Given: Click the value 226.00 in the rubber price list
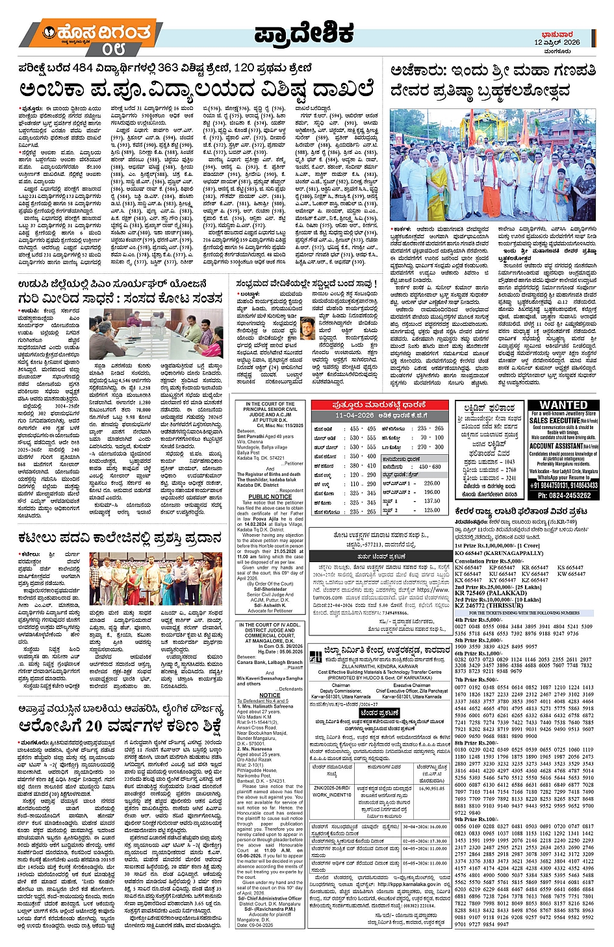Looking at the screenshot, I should click(x=431, y=483).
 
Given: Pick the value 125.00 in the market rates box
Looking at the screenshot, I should click(x=431, y=510).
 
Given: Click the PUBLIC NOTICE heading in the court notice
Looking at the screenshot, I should click(x=269, y=497).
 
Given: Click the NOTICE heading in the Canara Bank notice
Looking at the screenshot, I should click(x=269, y=695).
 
